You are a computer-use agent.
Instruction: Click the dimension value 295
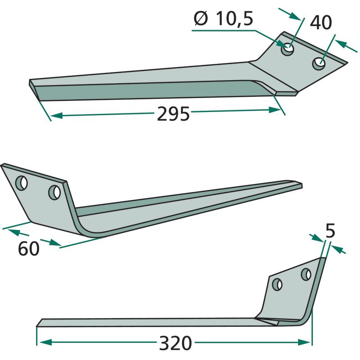point(173,114)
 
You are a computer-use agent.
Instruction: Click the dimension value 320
point(175,343)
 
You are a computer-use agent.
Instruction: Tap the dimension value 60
point(29,249)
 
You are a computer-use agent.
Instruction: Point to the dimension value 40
point(321,22)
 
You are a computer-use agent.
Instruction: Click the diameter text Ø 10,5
point(223,19)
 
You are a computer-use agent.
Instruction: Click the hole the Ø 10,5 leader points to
point(288,49)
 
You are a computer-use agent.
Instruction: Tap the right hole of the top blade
point(319,63)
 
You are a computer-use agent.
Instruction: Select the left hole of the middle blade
point(21,183)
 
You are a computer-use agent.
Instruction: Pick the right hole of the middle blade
point(54,192)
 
